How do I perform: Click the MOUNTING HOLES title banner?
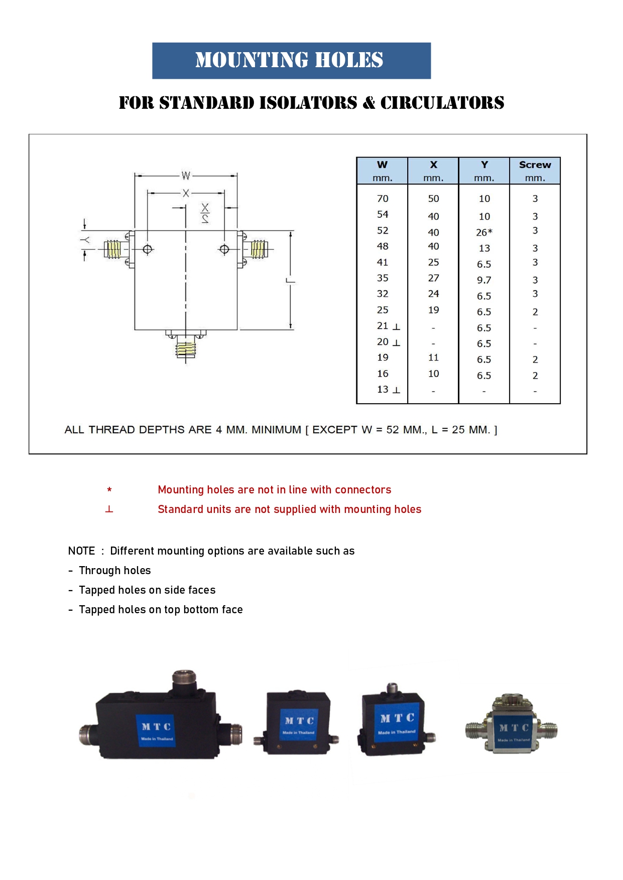[291, 61]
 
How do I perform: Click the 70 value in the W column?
[383, 199]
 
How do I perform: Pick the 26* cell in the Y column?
[484, 232]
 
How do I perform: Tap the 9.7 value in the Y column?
[484, 280]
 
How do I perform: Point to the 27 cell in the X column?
[433, 278]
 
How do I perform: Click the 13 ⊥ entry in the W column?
[388, 390]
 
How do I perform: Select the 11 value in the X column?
[433, 358]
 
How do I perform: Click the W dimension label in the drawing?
[186, 175]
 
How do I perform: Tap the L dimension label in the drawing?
[290, 280]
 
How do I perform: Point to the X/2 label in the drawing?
[205, 213]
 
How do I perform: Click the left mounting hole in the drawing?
[148, 249]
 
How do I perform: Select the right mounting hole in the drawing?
[224, 249]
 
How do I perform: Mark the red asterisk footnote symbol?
[109, 490]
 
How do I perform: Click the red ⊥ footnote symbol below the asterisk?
[109, 509]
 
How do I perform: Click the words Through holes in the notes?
[115, 571]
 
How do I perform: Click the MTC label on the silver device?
[514, 728]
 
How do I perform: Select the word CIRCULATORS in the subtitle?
[442, 103]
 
